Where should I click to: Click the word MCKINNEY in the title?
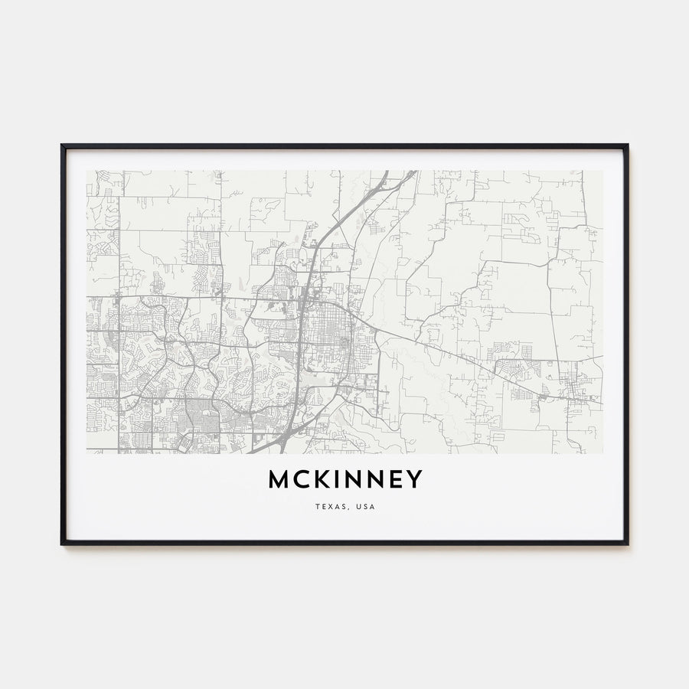tap(344, 479)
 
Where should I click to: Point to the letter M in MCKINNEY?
tap(278, 479)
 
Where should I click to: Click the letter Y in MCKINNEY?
tap(414, 479)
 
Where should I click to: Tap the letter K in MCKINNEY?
tap(318, 479)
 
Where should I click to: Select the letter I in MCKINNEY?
tap(333, 479)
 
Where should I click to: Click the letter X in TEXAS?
tap(330, 507)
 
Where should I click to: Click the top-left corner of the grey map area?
tap(87, 171)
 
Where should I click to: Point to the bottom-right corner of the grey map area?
tap(602, 453)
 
